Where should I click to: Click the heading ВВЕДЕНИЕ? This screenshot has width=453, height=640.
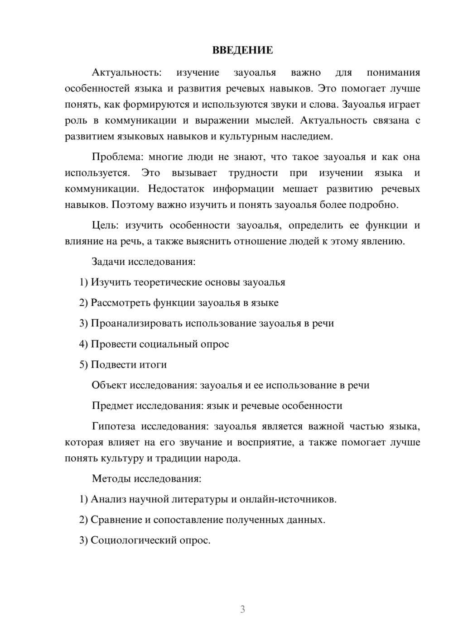242,50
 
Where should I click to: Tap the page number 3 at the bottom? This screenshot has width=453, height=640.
242,609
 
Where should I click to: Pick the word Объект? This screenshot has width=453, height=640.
109,385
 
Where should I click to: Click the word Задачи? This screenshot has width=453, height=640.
108,262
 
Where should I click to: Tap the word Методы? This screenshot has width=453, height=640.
111,478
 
